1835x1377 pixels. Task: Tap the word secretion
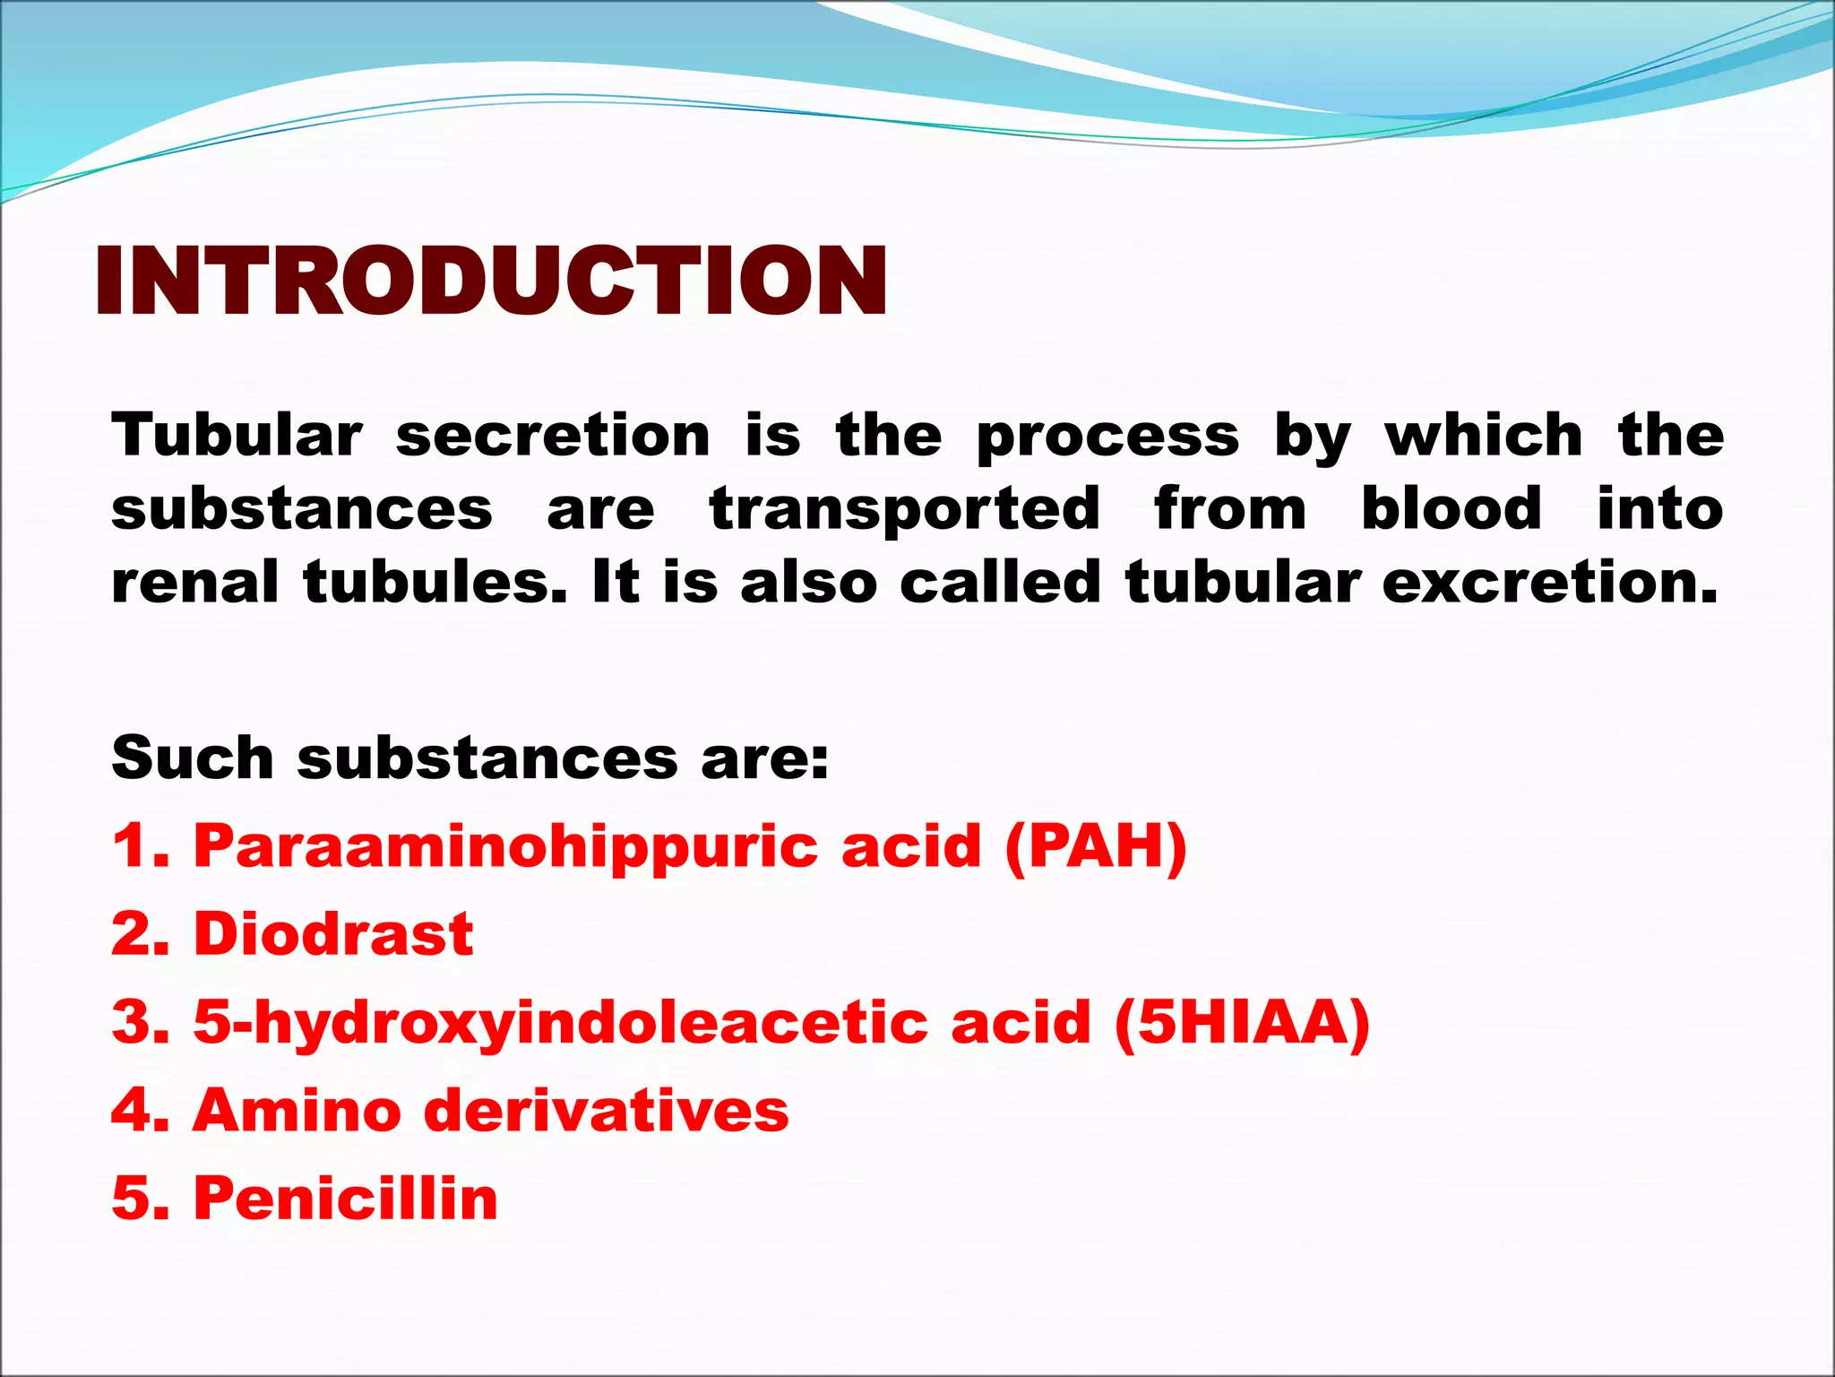click(553, 436)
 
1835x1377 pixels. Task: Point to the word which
click(1484, 436)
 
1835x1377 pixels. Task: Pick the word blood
click(1452, 508)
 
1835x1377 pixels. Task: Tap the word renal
click(194, 582)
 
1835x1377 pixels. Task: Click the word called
click(1000, 582)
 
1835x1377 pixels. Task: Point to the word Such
click(192, 758)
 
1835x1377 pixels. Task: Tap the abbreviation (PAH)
click(1096, 846)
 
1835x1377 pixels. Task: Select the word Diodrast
click(333, 933)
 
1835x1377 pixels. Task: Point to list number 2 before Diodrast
click(139, 933)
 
